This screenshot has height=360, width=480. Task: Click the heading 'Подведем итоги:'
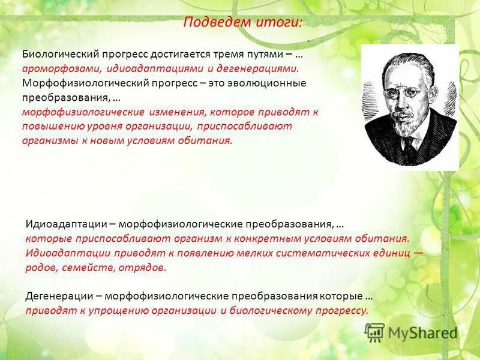click(242, 23)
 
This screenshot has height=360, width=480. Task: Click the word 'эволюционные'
click(274, 83)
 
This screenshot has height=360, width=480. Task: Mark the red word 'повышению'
click(50, 127)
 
